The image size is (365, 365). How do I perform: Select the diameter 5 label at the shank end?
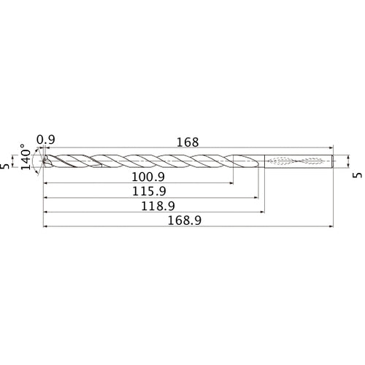pyautogui.click(x=356, y=176)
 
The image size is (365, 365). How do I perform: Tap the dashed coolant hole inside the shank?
pyautogui.click(x=299, y=161)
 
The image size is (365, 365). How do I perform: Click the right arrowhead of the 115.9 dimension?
pyautogui.click(x=255, y=198)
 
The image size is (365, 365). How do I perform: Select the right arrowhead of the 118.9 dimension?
pyautogui.click(x=263, y=213)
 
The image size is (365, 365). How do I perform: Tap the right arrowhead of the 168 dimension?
pyautogui.click(x=333, y=149)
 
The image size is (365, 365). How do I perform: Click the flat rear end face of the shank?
pyautogui.click(x=334, y=161)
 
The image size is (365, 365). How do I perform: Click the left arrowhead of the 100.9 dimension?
pyautogui.click(x=46, y=182)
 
